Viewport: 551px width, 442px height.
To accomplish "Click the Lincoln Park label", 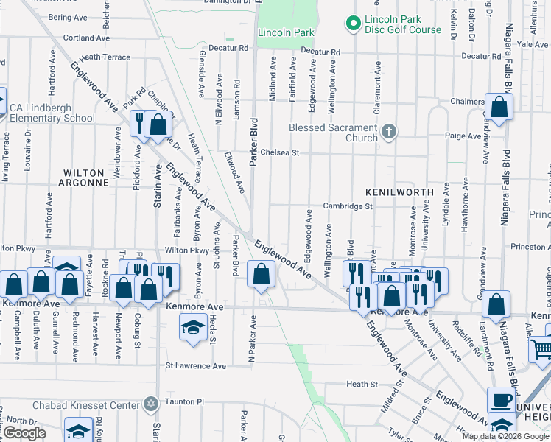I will pyautogui.click(x=286, y=32).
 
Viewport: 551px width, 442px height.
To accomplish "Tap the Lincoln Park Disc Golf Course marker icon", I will pyautogui.click(x=354, y=24).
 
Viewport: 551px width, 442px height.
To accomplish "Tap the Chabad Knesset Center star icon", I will pyautogui.click(x=150, y=404).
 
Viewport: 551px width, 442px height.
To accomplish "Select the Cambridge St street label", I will pyautogui.click(x=348, y=207).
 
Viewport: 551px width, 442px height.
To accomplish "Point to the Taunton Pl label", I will pyautogui.click(x=184, y=404).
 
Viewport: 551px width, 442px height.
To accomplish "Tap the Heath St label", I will pyautogui.click(x=362, y=384).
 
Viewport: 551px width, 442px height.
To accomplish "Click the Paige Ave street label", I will pyautogui.click(x=462, y=136).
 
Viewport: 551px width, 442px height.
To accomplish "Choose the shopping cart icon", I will pyautogui.click(x=542, y=348).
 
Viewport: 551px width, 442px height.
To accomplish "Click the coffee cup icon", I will pyautogui.click(x=502, y=401).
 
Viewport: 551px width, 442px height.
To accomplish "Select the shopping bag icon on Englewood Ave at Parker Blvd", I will pyautogui.click(x=261, y=276).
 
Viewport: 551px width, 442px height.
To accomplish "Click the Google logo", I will pyautogui.click(x=24, y=433).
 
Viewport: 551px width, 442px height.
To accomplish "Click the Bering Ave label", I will pyautogui.click(x=67, y=16).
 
